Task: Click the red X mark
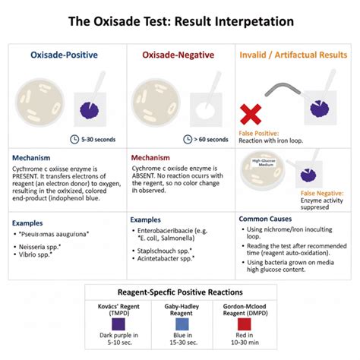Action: click(252, 114)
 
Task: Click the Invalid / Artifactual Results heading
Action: click(297, 55)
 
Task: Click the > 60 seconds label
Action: click(211, 139)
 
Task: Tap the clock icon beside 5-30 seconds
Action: click(74, 139)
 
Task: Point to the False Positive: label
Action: click(259, 133)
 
